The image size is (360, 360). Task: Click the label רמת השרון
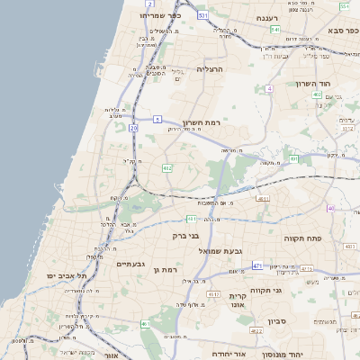tap(202, 122)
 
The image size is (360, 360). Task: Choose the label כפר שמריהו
tap(159, 16)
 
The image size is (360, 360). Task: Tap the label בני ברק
tap(166, 236)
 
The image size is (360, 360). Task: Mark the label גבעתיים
tap(137, 264)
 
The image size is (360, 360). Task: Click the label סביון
tap(275, 320)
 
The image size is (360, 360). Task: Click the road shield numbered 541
tap(274, 30)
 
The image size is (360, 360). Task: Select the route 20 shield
tap(133, 129)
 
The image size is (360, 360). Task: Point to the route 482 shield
tap(166, 168)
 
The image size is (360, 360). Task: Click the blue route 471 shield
tap(258, 265)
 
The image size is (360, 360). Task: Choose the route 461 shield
tap(145, 324)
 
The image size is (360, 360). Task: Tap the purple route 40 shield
tap(330, 208)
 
